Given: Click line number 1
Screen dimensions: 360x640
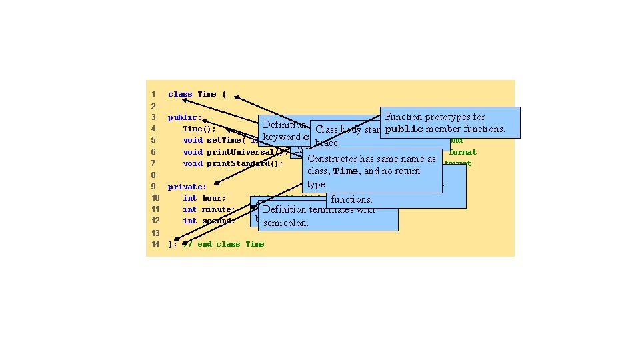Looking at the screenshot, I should [x=153, y=94].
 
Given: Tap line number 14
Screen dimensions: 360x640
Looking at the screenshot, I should [x=155, y=244].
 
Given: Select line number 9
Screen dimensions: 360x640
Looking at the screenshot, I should [x=153, y=187].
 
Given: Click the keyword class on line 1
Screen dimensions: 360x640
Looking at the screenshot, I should [x=180, y=94].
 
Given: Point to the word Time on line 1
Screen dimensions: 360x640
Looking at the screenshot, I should [x=207, y=94].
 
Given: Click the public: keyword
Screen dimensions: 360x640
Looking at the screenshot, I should [x=185, y=117].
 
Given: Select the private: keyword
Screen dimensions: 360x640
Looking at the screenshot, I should [x=187, y=187].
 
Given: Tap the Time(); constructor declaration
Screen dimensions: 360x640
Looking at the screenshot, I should [x=199, y=129].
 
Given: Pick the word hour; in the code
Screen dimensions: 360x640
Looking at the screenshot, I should [x=214, y=198].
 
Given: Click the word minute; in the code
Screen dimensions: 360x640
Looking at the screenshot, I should [x=219, y=209].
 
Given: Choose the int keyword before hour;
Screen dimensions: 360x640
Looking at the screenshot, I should [x=190, y=198].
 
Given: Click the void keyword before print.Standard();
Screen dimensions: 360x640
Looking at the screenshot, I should [x=193, y=163].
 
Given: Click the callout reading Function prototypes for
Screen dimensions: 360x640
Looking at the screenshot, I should [x=435, y=117].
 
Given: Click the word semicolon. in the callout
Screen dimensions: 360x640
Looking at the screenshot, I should [x=285, y=223].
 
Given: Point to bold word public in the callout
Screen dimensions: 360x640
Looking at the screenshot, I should [x=404, y=129].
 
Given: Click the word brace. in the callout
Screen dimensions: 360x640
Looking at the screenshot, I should [x=327, y=143].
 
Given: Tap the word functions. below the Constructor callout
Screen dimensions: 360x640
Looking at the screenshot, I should [x=351, y=199].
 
